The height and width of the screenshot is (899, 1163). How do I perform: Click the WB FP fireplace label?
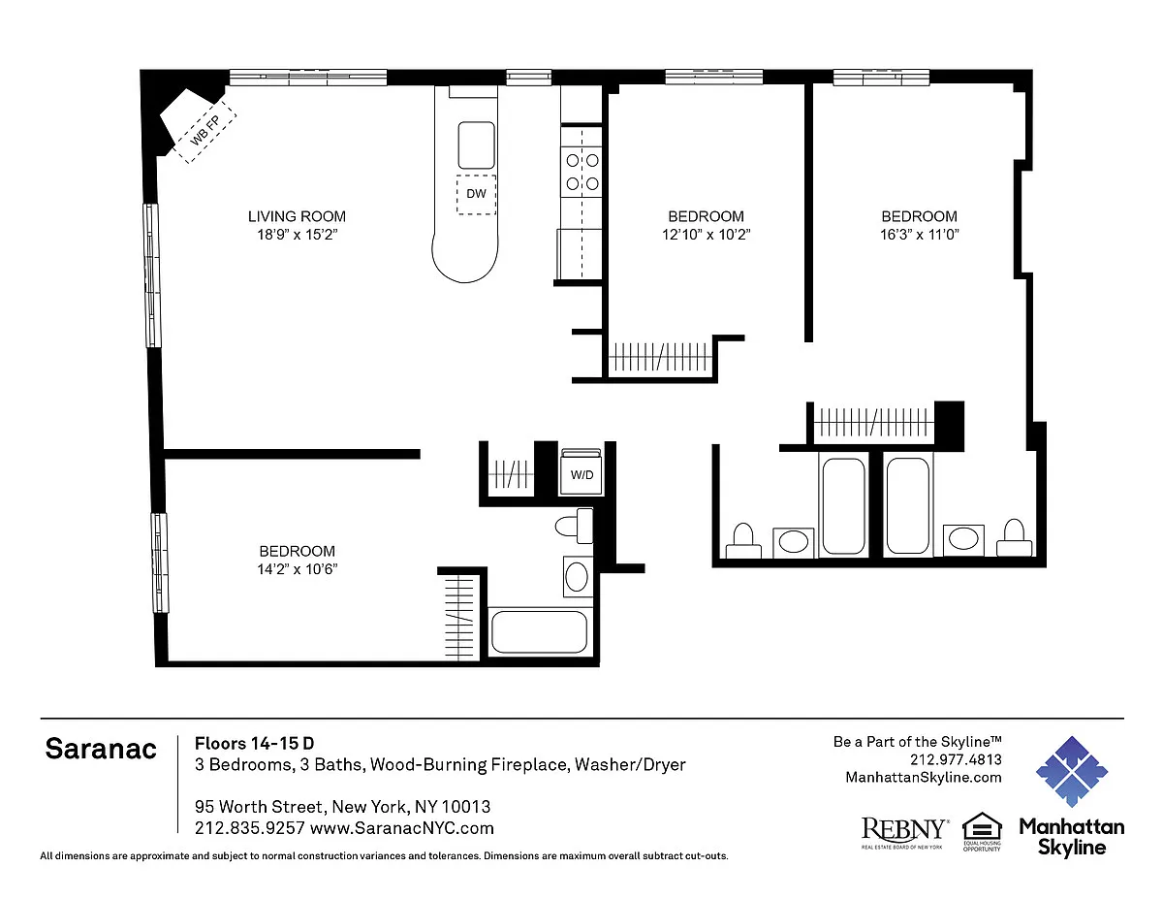pyautogui.click(x=205, y=131)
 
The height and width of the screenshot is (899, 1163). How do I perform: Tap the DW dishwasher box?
pyautogui.click(x=476, y=194)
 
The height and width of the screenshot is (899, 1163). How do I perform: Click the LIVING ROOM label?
pyautogui.click(x=297, y=216)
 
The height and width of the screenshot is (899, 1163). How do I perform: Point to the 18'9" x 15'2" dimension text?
pyautogui.click(x=297, y=235)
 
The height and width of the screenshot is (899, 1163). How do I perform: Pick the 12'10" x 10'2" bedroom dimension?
pyautogui.click(x=706, y=235)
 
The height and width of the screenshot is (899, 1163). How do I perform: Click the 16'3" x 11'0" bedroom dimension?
pyautogui.click(x=920, y=235)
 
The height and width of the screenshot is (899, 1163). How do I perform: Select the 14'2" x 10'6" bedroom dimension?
pyautogui.click(x=297, y=569)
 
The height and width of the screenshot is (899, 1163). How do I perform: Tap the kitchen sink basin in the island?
pyautogui.click(x=476, y=145)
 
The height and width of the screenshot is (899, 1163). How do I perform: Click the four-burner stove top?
pyautogui.click(x=581, y=172)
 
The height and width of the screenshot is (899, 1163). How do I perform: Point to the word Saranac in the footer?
pyautogui.click(x=101, y=749)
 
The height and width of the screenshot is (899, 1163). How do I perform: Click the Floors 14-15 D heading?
pyautogui.click(x=254, y=743)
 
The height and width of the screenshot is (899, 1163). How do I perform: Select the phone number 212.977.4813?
pyautogui.click(x=956, y=759)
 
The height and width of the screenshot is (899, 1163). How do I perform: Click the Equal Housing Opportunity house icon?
pyautogui.click(x=982, y=828)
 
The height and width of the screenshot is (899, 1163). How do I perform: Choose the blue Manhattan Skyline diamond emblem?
pyautogui.click(x=1072, y=772)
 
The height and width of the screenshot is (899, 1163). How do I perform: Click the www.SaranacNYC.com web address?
pyautogui.click(x=402, y=828)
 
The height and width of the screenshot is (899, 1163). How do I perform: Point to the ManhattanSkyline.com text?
pyautogui.click(x=924, y=778)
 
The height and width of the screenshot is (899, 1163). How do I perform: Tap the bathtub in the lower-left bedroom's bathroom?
pyautogui.click(x=540, y=632)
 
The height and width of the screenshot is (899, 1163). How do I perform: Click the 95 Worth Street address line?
pyautogui.click(x=342, y=806)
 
